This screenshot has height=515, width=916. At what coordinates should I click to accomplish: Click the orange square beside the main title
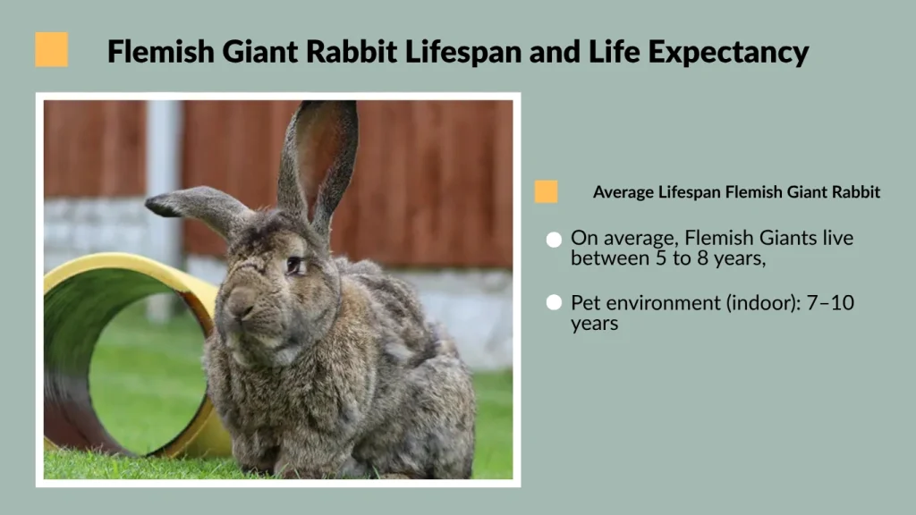52,50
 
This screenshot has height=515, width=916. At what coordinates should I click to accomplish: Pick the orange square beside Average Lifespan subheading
546,191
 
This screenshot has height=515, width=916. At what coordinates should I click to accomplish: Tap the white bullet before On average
554,240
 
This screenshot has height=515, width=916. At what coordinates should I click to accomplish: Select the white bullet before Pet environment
554,303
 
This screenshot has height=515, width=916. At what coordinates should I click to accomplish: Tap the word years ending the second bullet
595,324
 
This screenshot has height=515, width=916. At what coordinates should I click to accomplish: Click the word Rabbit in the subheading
857,192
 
